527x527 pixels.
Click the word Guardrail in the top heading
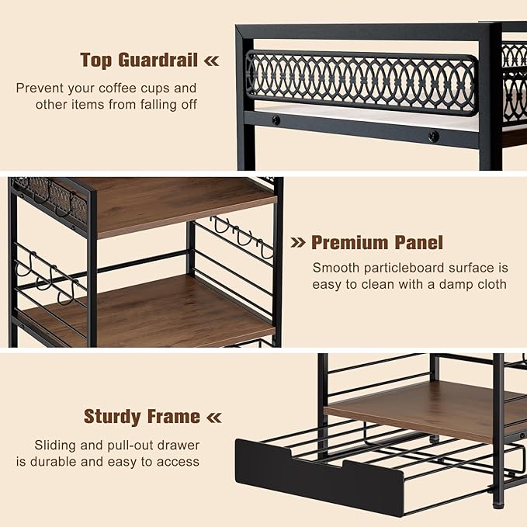coord(158,61)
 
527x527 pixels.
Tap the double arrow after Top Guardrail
coord(212,61)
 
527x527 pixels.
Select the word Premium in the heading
coord(350,242)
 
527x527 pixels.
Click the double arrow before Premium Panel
coord(298,242)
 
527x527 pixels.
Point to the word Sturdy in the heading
coord(113,417)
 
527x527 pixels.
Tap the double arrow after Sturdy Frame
coord(214,418)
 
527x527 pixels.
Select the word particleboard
coord(404,269)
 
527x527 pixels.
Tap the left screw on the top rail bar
coord(276,120)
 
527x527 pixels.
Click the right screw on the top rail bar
coord(434,136)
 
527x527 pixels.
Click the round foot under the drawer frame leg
coord(498,504)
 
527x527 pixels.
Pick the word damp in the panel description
coord(456,285)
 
